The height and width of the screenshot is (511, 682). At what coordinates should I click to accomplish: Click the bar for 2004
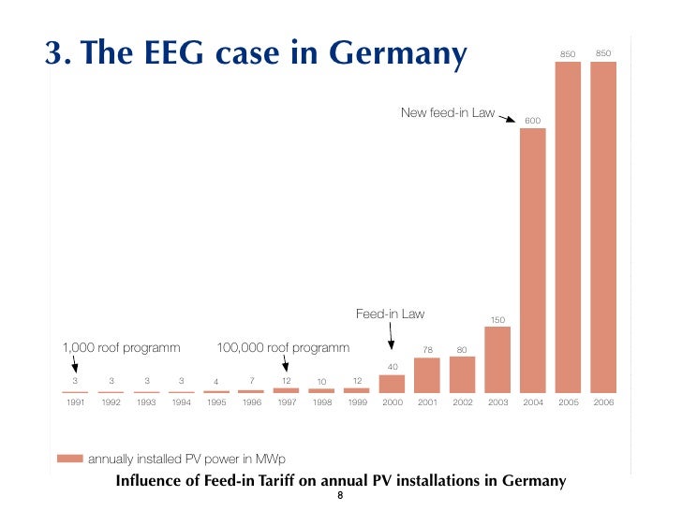(x=532, y=260)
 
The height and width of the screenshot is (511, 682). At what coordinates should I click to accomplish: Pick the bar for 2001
(x=427, y=374)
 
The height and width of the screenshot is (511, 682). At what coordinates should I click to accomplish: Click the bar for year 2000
(x=393, y=384)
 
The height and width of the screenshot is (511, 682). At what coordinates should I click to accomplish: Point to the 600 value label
(x=532, y=122)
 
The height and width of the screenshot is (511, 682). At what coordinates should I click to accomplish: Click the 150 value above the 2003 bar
(x=497, y=320)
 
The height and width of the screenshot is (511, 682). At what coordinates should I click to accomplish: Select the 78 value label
(x=427, y=350)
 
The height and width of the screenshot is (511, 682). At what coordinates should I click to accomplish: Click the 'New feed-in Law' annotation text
(x=448, y=113)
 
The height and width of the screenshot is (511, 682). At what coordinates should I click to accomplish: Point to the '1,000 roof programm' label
(x=120, y=348)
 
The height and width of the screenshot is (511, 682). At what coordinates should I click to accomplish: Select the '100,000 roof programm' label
(x=283, y=348)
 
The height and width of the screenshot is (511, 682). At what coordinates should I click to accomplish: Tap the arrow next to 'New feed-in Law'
(x=507, y=118)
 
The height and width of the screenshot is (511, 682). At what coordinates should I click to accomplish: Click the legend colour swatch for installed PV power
(x=69, y=459)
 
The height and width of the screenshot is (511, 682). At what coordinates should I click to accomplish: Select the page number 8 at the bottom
(x=341, y=495)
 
